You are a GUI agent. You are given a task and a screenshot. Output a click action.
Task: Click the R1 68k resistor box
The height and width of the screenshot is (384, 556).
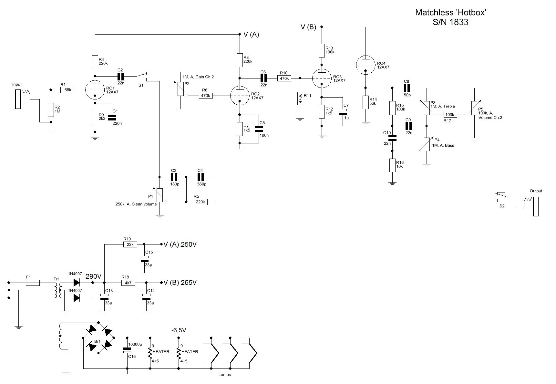67,90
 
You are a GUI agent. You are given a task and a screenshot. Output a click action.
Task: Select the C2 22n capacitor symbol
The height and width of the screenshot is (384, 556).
120,77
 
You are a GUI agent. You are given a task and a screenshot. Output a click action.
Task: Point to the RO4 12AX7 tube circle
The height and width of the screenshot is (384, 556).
366,65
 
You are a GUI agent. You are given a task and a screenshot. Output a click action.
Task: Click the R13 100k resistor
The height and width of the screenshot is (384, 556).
322,50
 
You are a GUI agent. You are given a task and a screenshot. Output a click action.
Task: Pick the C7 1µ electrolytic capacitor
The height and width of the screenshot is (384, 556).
343,111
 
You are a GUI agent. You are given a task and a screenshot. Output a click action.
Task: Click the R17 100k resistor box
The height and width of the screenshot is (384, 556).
450,115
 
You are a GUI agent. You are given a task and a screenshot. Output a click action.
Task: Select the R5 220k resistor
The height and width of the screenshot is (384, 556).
201,202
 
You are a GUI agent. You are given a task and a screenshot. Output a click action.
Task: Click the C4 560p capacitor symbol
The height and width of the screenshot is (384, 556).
200,177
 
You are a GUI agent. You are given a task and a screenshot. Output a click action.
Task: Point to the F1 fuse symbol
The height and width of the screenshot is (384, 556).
33,283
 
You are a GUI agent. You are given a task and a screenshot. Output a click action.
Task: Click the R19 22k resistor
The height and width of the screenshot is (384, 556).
130,244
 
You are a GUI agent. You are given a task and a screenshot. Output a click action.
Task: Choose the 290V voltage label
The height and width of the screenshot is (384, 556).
94,276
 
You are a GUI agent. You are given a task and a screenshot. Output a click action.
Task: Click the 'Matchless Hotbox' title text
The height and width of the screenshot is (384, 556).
451,13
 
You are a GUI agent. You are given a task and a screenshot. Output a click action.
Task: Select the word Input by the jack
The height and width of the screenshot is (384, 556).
17,84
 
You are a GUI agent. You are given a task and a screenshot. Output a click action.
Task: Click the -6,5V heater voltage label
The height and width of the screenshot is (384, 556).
179,330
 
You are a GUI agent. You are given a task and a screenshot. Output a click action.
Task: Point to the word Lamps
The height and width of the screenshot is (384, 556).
225,375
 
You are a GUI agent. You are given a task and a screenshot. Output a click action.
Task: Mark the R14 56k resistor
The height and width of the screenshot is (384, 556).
366,102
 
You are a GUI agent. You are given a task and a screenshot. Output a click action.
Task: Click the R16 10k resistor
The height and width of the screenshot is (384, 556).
392,165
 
